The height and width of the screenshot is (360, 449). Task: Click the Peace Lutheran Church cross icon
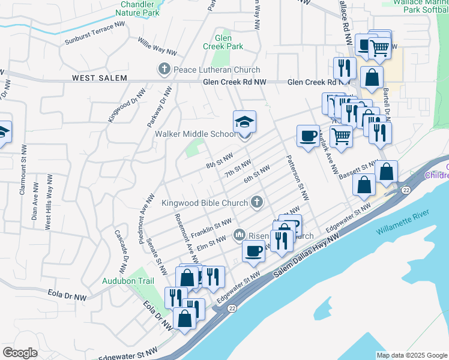[x=164, y=70]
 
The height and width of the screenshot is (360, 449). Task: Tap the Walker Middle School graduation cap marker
[x=244, y=122]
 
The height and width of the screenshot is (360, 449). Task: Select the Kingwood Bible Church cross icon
[x=257, y=202]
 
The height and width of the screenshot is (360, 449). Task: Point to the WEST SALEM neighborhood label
[x=99, y=78]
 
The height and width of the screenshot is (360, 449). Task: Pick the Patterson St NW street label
[x=297, y=178]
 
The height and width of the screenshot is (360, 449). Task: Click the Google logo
[x=20, y=352]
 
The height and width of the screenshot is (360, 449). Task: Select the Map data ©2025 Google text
[x=411, y=355]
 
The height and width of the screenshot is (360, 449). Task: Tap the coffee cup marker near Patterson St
[x=308, y=136]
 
